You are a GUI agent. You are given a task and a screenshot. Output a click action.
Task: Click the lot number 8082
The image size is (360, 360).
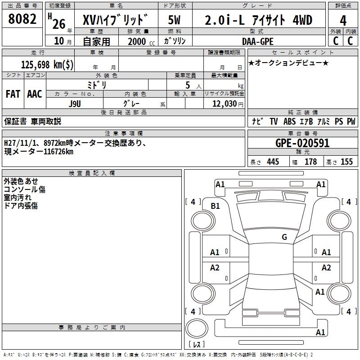tap(22, 20)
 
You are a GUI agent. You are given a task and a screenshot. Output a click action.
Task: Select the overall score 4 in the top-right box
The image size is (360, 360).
tap(343, 20)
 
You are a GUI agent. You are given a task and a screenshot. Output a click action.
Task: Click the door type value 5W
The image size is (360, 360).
tap(175, 20)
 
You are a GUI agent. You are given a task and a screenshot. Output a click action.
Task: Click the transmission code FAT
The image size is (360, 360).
tap(13, 94)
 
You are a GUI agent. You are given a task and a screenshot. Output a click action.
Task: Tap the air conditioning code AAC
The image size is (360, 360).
tap(35, 94)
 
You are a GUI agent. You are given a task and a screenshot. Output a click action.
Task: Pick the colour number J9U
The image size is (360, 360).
tap(75, 103)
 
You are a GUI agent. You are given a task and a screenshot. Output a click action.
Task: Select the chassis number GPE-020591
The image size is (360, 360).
tap(296, 144)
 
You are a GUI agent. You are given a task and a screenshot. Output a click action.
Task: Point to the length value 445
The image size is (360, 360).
tap(273, 162)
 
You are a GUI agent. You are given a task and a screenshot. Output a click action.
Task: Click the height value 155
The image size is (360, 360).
tap(346, 162)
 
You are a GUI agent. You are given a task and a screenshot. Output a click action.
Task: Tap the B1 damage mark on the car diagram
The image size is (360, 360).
tap(216, 206)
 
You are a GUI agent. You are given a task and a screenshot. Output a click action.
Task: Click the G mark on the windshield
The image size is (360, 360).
tap(284, 237)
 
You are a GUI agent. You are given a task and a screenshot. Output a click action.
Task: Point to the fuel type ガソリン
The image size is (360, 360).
tap(175, 41)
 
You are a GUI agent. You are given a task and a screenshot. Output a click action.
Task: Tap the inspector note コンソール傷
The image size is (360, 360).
tap(25, 189)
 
